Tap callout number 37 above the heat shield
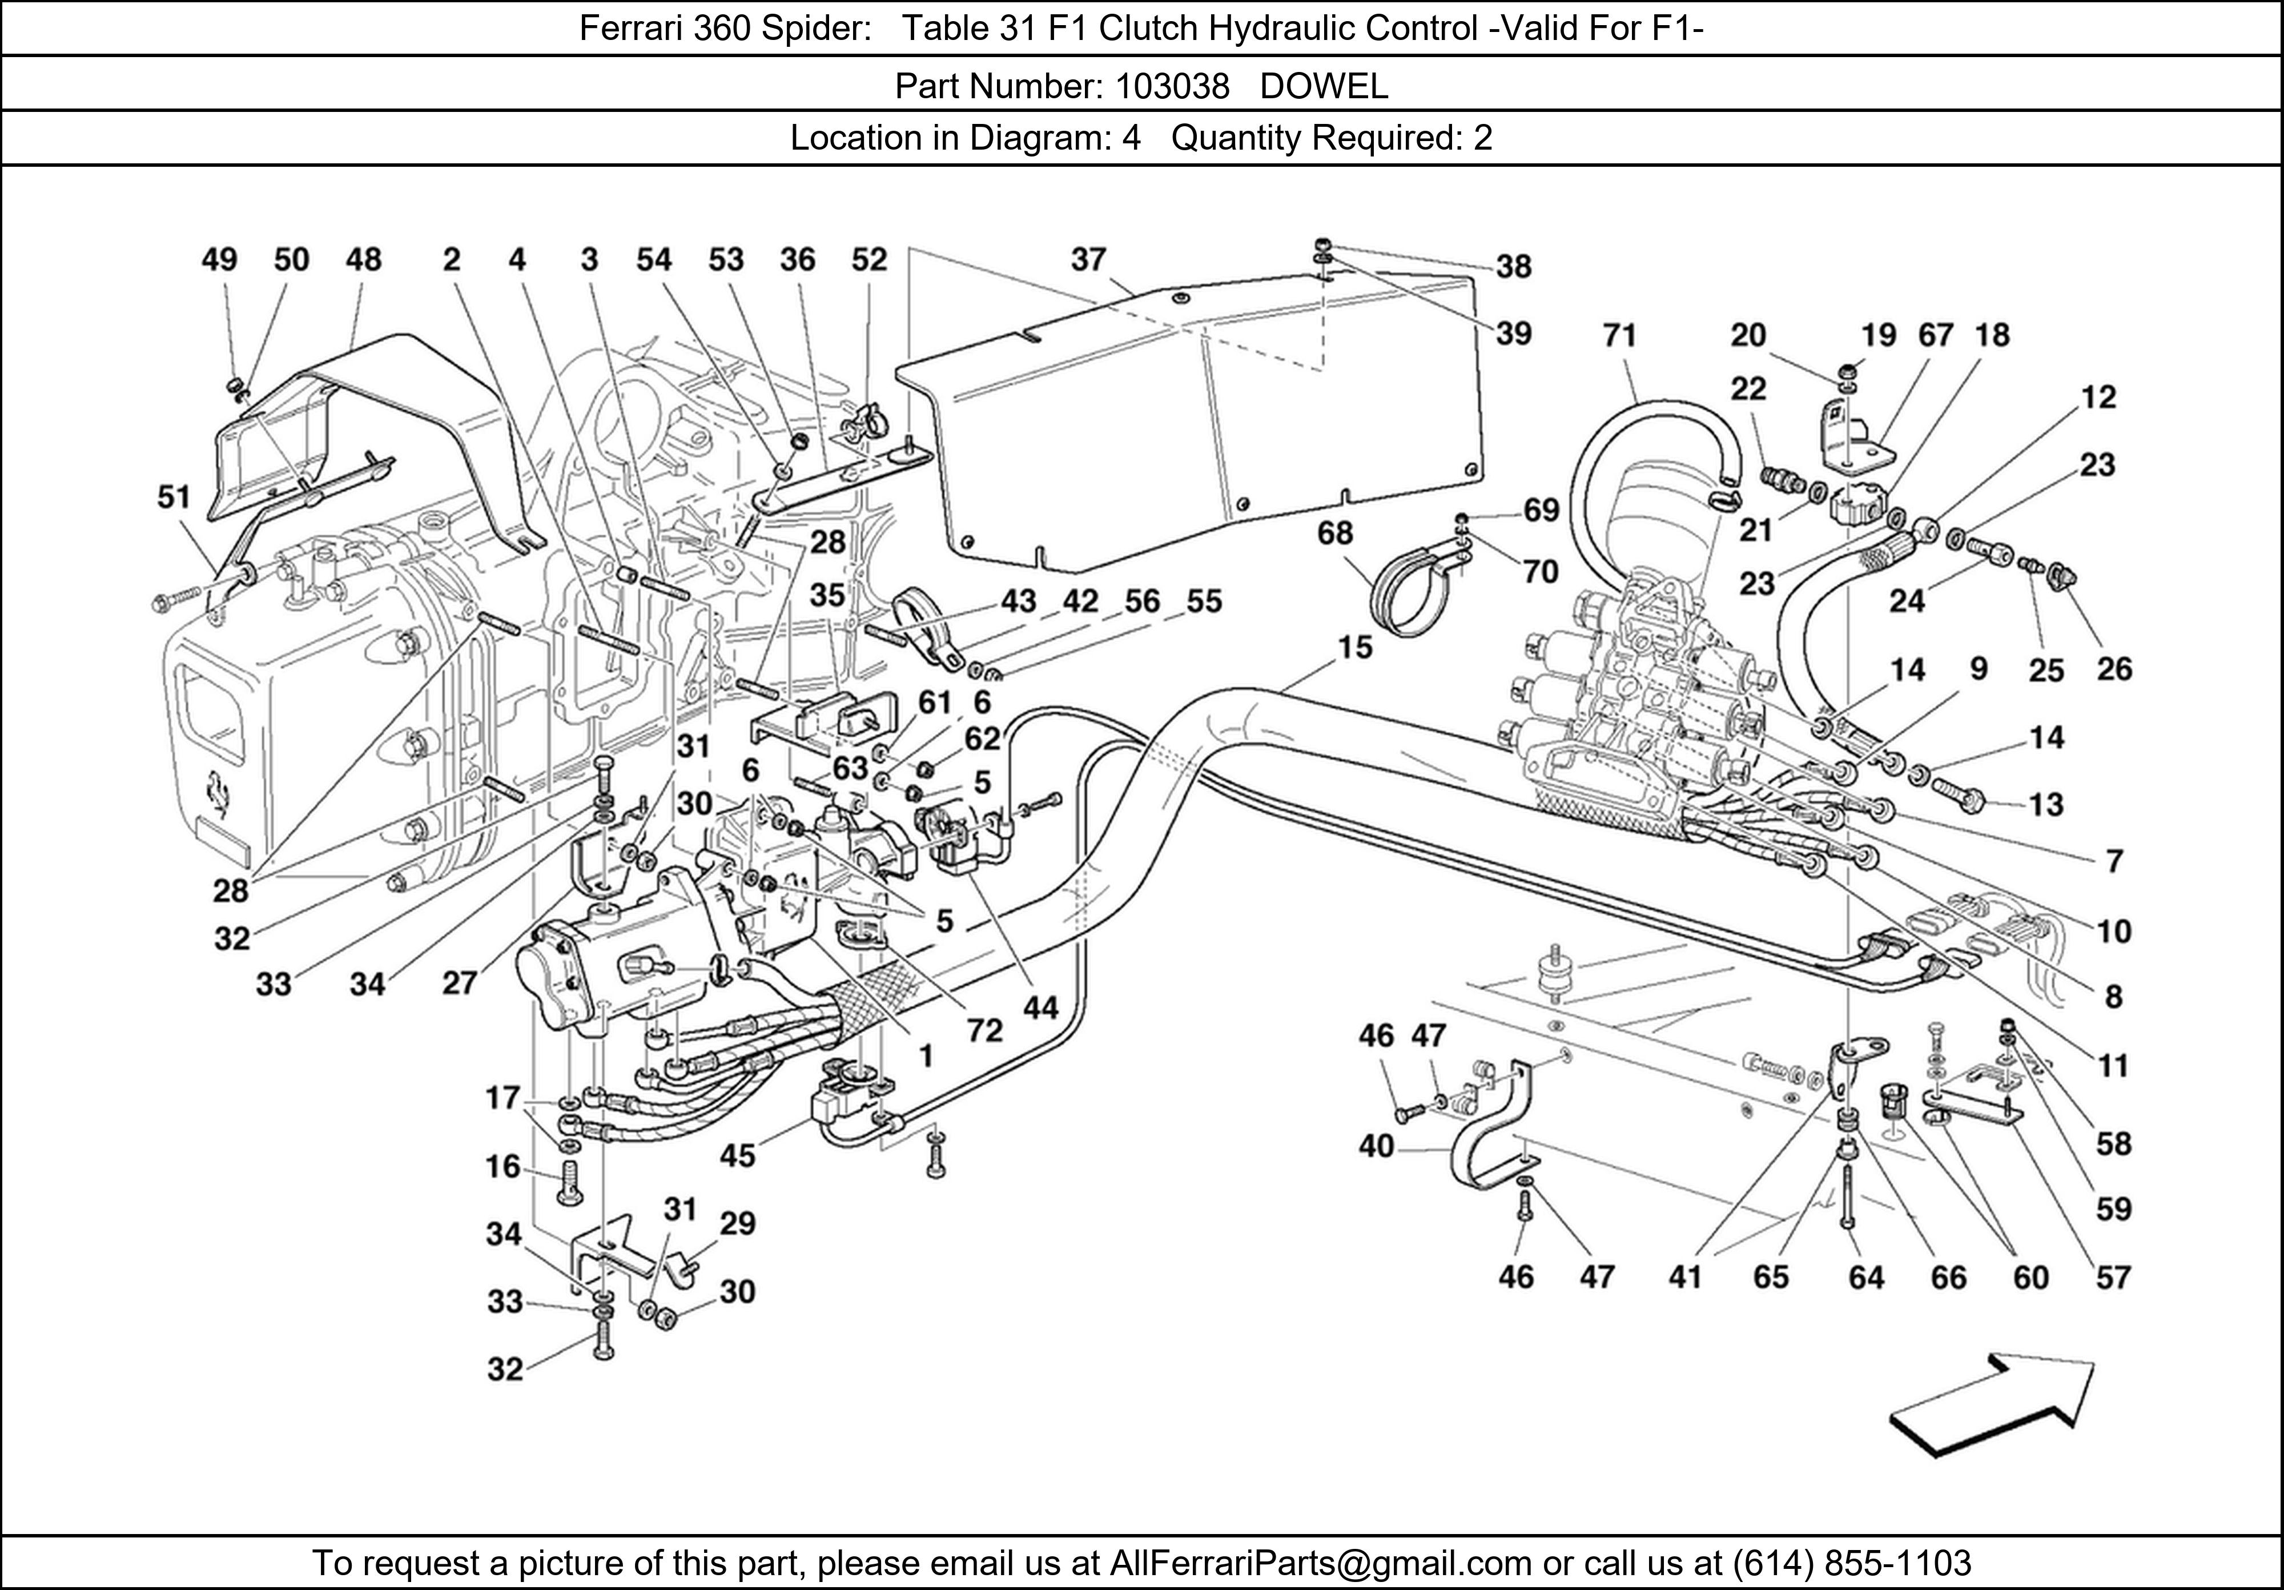tap(1088, 260)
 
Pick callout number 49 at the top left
tap(219, 260)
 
